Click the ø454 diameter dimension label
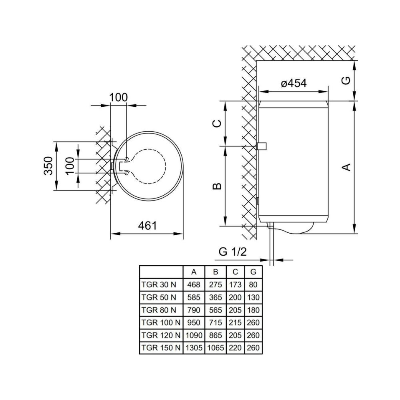(x=294, y=83)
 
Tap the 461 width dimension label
(x=148, y=226)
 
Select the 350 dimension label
(x=48, y=166)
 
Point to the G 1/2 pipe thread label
(x=233, y=252)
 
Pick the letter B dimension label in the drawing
(x=217, y=186)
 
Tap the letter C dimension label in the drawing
(x=217, y=124)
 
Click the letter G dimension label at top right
(x=346, y=81)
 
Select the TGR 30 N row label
(x=158, y=284)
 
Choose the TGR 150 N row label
(x=161, y=348)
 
